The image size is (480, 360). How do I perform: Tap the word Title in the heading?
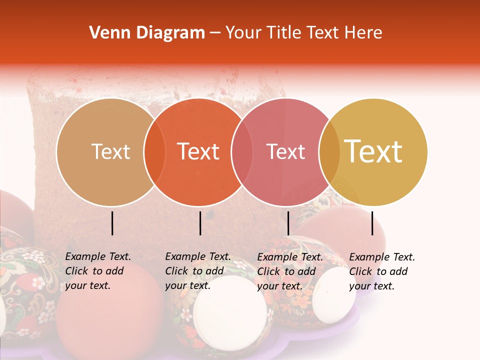(x=283, y=33)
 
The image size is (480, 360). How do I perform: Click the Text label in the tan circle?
(x=110, y=151)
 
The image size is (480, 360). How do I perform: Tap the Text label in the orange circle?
(x=198, y=151)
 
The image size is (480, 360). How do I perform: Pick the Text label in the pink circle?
(x=286, y=151)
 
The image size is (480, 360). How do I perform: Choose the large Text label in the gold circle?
(x=373, y=151)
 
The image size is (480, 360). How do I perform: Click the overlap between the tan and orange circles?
(x=154, y=152)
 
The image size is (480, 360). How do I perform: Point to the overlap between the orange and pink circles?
(x=242, y=152)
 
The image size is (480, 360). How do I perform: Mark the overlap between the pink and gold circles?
(x=329, y=152)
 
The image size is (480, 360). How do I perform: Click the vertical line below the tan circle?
(x=112, y=223)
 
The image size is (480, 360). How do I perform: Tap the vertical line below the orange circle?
(x=200, y=223)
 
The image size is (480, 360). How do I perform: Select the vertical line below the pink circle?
(x=288, y=223)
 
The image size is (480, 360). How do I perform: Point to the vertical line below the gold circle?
(x=372, y=223)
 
